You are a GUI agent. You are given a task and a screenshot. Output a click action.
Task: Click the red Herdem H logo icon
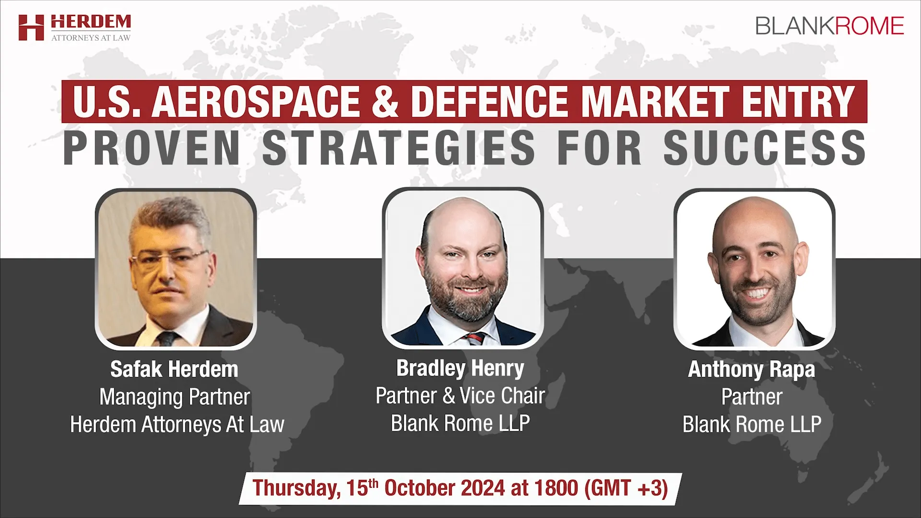click(31, 27)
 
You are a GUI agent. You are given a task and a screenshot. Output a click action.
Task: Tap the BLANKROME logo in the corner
click(830, 26)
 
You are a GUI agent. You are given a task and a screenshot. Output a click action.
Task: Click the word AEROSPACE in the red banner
click(256, 102)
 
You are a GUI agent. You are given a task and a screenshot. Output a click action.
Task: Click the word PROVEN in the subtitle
click(152, 147)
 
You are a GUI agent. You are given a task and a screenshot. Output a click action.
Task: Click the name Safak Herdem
click(174, 369)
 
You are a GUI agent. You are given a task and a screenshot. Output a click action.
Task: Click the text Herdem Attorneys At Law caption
click(177, 424)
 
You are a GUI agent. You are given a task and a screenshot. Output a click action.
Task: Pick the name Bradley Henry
click(460, 368)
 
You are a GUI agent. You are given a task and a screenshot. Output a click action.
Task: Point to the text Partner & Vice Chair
click(460, 396)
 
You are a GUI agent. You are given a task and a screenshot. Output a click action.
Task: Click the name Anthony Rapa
click(752, 369)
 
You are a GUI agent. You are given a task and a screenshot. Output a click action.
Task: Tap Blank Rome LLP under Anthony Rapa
click(752, 424)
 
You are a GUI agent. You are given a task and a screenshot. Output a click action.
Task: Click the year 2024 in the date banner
click(483, 488)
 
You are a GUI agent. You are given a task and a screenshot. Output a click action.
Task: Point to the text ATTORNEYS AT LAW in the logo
click(91, 37)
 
